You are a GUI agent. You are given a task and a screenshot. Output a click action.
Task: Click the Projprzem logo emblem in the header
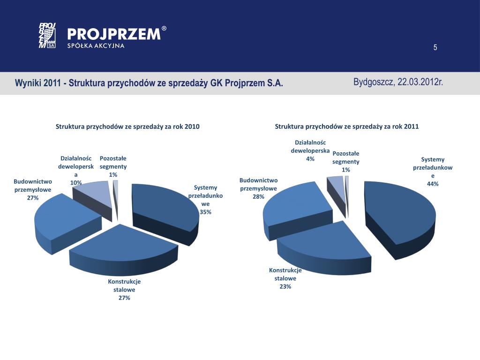pos(47,36)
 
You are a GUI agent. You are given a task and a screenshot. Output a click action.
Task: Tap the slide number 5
pos(435,47)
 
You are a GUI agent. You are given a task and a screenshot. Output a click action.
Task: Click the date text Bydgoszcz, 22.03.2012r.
pos(398,82)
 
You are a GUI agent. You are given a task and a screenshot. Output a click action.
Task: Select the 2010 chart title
pos(127,127)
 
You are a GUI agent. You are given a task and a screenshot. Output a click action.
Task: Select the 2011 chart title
pos(347,127)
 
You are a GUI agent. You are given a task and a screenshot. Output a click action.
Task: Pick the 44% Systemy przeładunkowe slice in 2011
pos(398,211)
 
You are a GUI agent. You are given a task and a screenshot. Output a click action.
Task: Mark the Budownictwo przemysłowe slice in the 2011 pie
pos(295,206)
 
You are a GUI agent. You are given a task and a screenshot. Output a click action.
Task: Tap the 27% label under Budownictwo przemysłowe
pos(32,198)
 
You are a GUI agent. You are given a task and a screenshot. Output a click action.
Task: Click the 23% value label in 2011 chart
pos(285,286)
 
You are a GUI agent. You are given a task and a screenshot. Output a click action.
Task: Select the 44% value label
pos(433,184)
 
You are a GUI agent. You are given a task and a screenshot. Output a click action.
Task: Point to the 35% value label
pos(205,212)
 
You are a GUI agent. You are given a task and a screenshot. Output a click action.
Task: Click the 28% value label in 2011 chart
pos(258,196)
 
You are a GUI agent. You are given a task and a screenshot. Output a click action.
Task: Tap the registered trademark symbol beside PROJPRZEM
pos(164,29)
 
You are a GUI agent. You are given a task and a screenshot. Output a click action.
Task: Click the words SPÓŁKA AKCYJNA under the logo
pos(96,45)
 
